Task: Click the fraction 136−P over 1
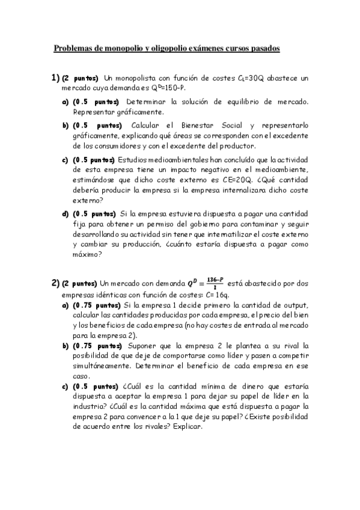(214, 282)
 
